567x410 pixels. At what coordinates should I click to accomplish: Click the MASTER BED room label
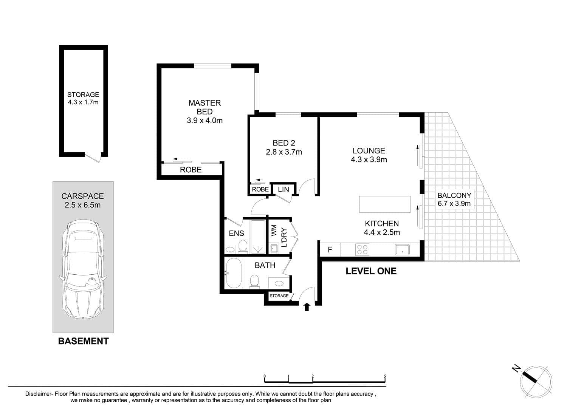click(x=204, y=107)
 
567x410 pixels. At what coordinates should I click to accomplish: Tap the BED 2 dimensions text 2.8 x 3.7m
click(x=284, y=152)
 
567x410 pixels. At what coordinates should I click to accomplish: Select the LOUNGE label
click(x=369, y=151)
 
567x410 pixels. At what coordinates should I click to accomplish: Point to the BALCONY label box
click(x=454, y=199)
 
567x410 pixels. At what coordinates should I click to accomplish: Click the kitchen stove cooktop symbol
click(x=362, y=249)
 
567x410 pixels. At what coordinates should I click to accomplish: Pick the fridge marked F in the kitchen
click(x=330, y=249)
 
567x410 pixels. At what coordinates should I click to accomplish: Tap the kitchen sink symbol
click(x=402, y=249)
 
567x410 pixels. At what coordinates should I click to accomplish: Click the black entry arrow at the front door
click(x=307, y=307)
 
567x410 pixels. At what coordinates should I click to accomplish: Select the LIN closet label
click(x=283, y=189)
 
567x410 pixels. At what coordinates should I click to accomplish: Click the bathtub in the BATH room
click(x=234, y=273)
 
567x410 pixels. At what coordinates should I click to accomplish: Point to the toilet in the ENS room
click(x=243, y=246)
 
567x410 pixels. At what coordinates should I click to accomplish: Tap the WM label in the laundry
click(x=274, y=231)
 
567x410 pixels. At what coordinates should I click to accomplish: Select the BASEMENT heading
click(x=83, y=341)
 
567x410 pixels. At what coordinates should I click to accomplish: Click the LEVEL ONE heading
click(x=371, y=271)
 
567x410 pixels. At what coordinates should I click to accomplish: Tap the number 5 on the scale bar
click(x=385, y=376)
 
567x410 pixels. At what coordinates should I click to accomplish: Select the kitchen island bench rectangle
click(x=385, y=204)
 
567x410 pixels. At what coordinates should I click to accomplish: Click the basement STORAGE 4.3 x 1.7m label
click(x=83, y=99)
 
